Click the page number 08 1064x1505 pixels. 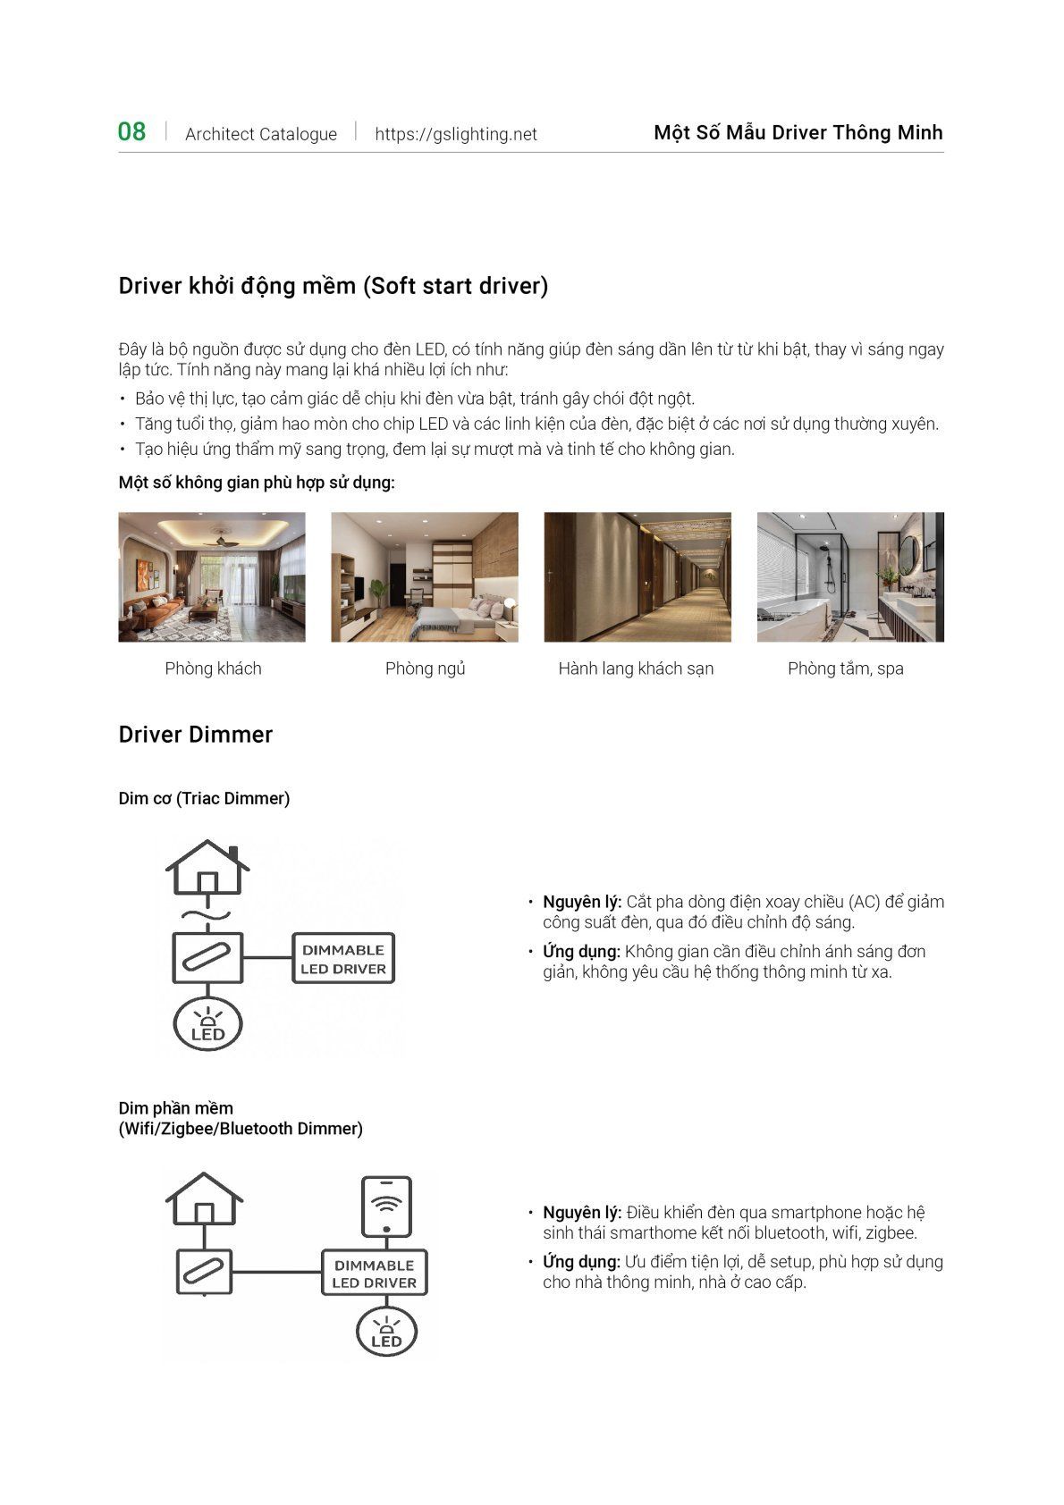[x=131, y=132]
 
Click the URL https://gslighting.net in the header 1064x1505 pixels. [x=456, y=134]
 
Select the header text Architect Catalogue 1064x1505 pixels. [x=261, y=134]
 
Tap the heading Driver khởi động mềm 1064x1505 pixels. [x=333, y=286]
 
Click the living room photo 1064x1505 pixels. [x=212, y=576]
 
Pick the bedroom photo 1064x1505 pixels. [x=425, y=576]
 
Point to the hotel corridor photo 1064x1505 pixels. [x=638, y=576]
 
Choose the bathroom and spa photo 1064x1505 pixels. [x=850, y=576]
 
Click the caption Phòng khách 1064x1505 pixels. [x=213, y=668]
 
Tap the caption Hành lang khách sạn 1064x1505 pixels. [x=636, y=668]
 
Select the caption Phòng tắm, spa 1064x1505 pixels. [x=846, y=668]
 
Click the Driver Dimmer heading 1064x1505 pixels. [x=196, y=735]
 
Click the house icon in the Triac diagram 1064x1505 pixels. [x=207, y=867]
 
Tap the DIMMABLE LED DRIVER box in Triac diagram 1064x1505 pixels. [x=343, y=959]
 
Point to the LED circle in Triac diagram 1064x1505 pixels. [x=207, y=1025]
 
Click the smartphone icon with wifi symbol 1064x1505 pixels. [x=386, y=1206]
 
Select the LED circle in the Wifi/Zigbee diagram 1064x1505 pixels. [x=386, y=1332]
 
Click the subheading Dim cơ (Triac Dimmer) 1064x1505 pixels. [x=204, y=798]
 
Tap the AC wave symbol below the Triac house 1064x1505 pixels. [x=207, y=915]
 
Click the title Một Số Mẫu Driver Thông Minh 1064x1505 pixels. [x=798, y=133]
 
